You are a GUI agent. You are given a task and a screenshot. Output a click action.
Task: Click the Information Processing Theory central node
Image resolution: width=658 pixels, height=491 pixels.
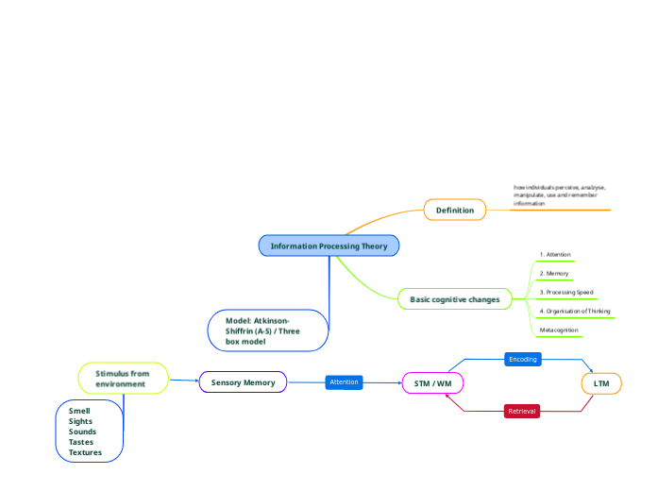pyautogui.click(x=329, y=246)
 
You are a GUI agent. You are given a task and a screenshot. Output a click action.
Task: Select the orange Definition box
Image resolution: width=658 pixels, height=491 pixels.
pyautogui.click(x=455, y=209)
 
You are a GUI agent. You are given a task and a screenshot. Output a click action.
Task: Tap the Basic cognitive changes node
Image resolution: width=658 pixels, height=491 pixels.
pyautogui.click(x=455, y=299)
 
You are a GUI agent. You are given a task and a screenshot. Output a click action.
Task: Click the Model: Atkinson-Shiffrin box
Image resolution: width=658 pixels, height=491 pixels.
pyautogui.click(x=268, y=330)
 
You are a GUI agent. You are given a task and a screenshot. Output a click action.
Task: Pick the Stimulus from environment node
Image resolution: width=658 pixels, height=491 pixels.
pyautogui.click(x=123, y=379)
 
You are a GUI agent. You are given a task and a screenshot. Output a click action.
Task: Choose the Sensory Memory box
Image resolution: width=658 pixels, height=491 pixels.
pyautogui.click(x=243, y=382)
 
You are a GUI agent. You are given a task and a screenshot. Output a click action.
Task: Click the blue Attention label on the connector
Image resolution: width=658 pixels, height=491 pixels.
pyautogui.click(x=344, y=382)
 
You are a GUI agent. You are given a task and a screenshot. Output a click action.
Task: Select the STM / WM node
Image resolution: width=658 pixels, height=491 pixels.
pyautogui.click(x=433, y=383)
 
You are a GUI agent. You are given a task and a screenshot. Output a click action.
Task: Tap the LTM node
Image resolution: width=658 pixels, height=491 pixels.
pyautogui.click(x=600, y=383)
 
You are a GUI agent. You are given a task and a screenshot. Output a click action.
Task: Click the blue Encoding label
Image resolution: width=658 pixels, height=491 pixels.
pyautogui.click(x=522, y=360)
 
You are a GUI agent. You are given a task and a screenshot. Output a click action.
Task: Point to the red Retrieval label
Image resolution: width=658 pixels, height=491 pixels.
pyautogui.click(x=522, y=412)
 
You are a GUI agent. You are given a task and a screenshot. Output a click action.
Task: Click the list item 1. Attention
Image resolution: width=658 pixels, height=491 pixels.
pyautogui.click(x=555, y=255)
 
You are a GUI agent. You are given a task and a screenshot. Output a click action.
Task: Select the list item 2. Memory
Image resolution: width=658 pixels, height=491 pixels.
pyautogui.click(x=554, y=274)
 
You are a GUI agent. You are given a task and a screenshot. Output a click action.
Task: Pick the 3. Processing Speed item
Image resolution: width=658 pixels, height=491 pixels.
pyautogui.click(x=566, y=293)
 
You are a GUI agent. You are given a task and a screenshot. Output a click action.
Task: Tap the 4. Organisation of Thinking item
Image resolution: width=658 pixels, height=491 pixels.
pyautogui.click(x=575, y=311)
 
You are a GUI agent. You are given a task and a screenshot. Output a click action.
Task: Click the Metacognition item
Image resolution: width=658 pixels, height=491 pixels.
pyautogui.click(x=559, y=330)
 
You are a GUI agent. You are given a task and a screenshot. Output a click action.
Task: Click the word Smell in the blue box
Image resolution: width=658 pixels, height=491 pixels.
pyautogui.click(x=79, y=412)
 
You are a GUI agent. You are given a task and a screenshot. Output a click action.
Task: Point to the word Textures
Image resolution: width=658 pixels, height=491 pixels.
pyautogui.click(x=85, y=452)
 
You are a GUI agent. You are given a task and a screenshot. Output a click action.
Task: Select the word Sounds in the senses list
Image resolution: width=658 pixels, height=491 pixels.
pyautogui.click(x=82, y=432)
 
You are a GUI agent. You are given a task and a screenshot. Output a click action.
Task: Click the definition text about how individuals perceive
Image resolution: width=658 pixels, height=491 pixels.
pyautogui.click(x=559, y=195)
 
